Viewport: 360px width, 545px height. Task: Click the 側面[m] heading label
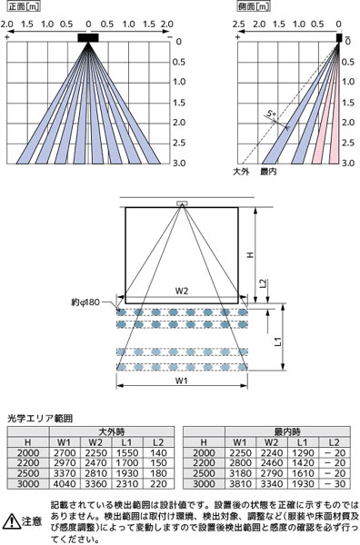254,6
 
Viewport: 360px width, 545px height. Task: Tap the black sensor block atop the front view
88,37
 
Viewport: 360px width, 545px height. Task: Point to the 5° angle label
271,114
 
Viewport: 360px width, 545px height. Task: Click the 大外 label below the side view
241,172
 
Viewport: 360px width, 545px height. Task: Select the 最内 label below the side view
268,172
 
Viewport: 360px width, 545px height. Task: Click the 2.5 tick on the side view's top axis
238,24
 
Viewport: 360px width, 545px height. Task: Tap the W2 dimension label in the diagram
181,291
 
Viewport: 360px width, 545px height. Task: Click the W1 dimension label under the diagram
181,381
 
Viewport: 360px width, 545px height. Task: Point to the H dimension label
250,254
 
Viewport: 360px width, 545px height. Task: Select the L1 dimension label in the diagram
278,342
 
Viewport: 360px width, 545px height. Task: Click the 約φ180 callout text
85,302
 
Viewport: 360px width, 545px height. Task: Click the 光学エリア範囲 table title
40,418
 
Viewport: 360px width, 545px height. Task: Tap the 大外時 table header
112,431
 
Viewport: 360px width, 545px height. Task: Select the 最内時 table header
287,431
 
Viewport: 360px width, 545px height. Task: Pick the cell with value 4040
65,483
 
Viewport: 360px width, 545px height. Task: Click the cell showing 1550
127,452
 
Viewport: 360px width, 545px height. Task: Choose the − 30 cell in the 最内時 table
335,483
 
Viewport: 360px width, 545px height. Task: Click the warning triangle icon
11,520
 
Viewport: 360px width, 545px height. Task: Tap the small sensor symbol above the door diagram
182,203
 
